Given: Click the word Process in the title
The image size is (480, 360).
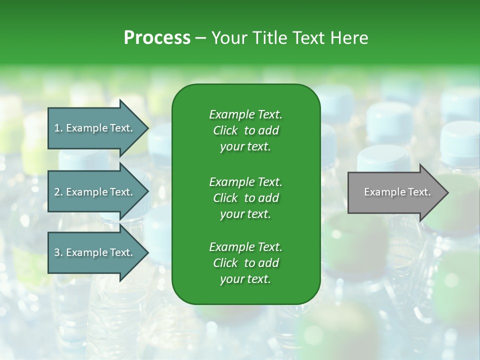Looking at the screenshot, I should point(157,37).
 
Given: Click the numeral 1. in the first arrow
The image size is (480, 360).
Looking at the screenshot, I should point(58,128).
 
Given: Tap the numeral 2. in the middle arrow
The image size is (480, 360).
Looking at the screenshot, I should point(58,192).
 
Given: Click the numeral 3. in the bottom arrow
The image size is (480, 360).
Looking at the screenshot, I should point(58,252).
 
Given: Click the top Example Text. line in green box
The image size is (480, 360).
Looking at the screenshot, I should point(245,114).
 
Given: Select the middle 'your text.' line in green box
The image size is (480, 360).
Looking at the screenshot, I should point(245,214).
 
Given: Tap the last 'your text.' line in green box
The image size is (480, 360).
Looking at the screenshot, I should point(245,279).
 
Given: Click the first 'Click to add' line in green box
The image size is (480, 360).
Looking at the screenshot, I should point(245,130).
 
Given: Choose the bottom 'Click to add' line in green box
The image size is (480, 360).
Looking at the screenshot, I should point(245,263).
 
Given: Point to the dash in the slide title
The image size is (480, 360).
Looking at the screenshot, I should point(200,38).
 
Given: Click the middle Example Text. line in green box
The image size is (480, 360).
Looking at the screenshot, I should point(245,181).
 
